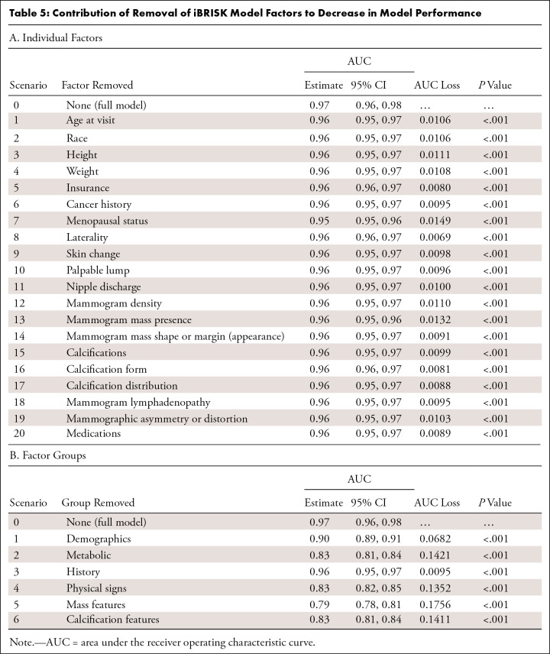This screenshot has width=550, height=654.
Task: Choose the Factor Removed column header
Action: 100,85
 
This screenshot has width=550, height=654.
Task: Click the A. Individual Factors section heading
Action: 56,36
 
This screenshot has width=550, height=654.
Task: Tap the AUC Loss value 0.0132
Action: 436,320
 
